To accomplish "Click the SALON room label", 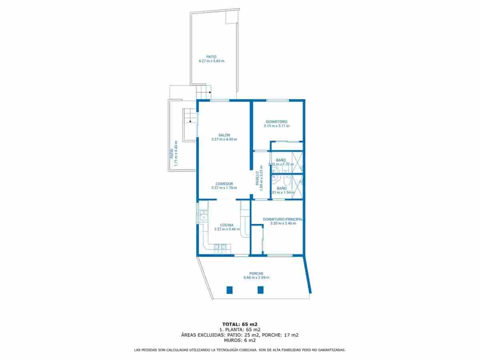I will pos(224,135).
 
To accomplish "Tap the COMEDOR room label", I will pos(224,184).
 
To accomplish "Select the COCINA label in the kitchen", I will pos(227,225).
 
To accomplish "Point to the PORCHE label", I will pos(256,274).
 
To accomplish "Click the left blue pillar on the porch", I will pos(230,290).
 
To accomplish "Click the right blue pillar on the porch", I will pos(260,290).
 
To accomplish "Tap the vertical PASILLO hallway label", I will pos(258,178).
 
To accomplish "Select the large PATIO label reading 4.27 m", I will pos(211,57).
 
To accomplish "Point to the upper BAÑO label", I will pos(281,160).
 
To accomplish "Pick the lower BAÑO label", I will pos(282,188).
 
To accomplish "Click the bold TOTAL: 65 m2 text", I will pos(240,324).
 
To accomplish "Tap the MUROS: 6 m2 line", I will pos(240,340).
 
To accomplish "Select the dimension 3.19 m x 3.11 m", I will pos(276,126).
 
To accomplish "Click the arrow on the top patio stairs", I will pos(210,92).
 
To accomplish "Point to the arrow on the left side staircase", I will pos(190,121).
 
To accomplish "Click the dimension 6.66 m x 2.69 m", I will pos(256,278).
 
